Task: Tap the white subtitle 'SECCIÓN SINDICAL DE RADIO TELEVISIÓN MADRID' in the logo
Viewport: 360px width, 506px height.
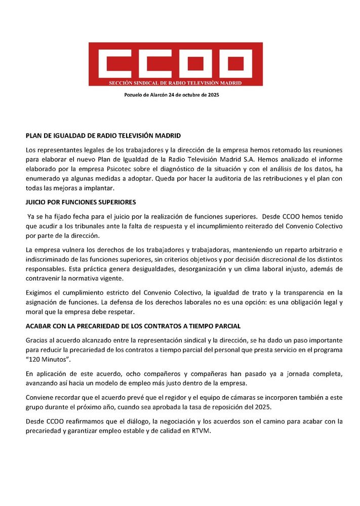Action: pos(176,82)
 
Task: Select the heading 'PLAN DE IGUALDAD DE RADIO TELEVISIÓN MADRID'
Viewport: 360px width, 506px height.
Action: pos(103,136)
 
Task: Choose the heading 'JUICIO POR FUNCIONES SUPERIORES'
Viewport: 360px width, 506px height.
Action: pos(81,202)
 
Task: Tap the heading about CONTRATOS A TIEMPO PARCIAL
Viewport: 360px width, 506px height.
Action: pos(134,325)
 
